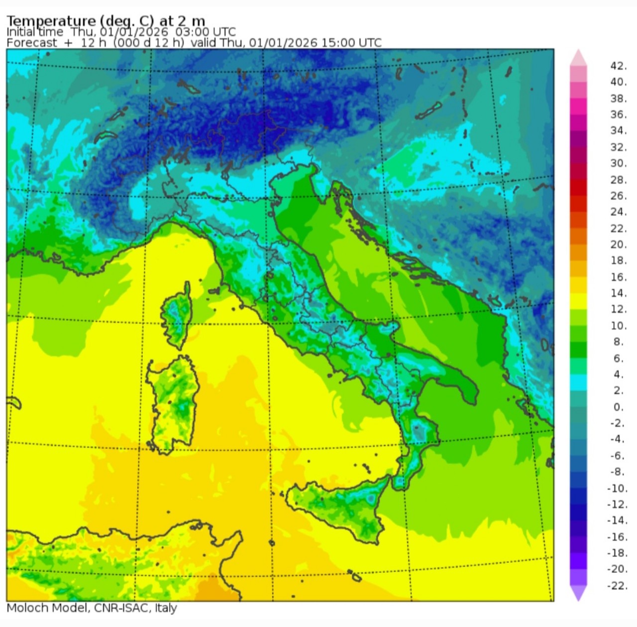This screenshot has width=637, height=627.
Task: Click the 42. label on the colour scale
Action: click(x=619, y=66)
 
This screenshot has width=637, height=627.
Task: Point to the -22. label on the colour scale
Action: click(x=617, y=586)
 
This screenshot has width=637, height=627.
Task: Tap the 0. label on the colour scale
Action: click(x=618, y=407)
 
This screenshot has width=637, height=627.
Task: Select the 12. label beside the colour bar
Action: click(x=619, y=309)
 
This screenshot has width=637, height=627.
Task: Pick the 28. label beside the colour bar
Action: click(x=619, y=180)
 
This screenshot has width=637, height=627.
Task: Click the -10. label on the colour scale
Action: click(x=617, y=488)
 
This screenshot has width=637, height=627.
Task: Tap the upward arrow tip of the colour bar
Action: click(x=578, y=54)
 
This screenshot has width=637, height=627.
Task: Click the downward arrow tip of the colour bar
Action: click(x=578, y=596)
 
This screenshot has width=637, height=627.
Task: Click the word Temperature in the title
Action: click(x=51, y=21)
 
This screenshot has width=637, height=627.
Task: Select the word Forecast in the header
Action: click(x=32, y=43)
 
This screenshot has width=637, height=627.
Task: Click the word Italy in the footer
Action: click(x=166, y=608)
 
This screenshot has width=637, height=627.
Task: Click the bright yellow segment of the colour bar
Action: click(x=578, y=301)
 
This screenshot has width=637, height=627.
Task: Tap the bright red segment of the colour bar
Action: click(x=578, y=188)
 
